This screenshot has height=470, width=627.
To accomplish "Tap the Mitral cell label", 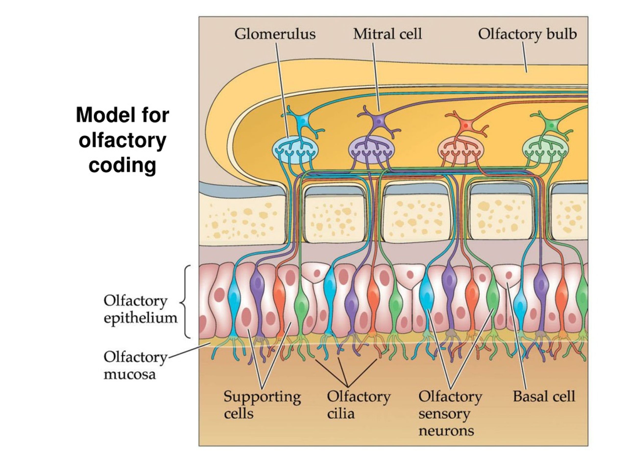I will (x=387, y=34).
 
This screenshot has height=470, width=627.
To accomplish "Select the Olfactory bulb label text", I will (x=527, y=34).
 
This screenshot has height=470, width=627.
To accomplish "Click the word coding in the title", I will (x=122, y=165).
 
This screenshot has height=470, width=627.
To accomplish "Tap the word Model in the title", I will (x=101, y=115).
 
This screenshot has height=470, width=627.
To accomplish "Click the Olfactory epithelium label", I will (x=140, y=309).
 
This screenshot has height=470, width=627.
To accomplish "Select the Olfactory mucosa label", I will (x=135, y=366).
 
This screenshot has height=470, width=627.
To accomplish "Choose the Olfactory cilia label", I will (x=358, y=405).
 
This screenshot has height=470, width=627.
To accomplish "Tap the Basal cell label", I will (x=544, y=396).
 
